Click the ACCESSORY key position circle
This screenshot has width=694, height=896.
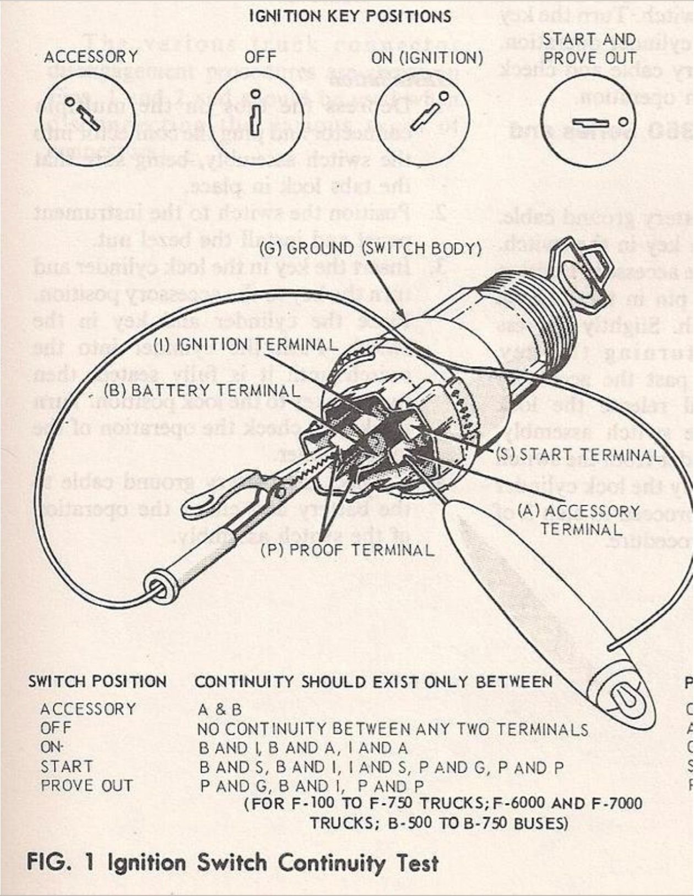(87, 118)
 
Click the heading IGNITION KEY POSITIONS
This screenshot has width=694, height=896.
(350, 16)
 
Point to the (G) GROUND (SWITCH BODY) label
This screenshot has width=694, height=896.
(370, 248)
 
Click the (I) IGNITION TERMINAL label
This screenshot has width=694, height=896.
(245, 345)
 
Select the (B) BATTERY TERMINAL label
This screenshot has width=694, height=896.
(202, 391)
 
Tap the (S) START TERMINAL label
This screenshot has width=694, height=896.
(578, 455)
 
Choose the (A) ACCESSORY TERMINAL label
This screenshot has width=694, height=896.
(580, 520)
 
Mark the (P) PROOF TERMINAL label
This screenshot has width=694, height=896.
(347, 550)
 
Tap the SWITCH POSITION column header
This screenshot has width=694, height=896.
(97, 682)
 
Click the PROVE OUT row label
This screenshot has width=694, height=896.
(86, 786)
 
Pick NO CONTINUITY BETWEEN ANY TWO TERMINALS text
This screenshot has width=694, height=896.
(392, 730)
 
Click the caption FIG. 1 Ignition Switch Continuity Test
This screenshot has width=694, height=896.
(232, 863)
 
